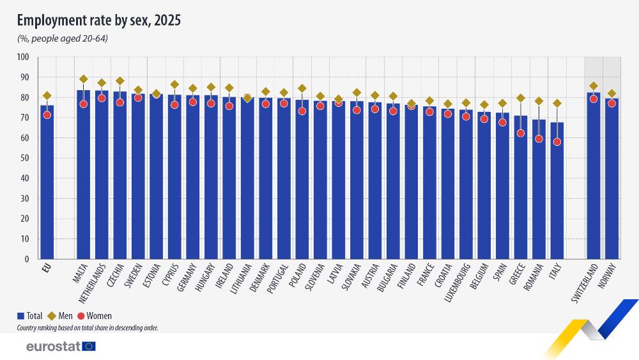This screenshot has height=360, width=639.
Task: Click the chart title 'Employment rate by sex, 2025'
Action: pyautogui.click(x=99, y=20)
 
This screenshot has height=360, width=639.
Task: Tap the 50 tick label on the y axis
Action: pyautogui.click(x=25, y=159)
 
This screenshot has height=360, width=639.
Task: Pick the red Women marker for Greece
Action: pyautogui.click(x=521, y=133)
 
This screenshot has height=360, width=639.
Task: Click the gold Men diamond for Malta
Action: pyautogui.click(x=83, y=79)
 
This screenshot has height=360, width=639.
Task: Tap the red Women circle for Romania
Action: pyautogui.click(x=539, y=139)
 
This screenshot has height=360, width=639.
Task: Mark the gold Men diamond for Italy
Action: pyautogui.click(x=557, y=103)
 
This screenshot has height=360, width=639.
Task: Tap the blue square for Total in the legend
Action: pyautogui.click(x=20, y=316)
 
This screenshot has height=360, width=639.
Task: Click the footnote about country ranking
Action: pyautogui.click(x=88, y=327)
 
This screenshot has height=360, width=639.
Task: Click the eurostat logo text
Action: pyautogui.click(x=53, y=346)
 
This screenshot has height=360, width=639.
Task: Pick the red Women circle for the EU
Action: pyautogui.click(x=47, y=115)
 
